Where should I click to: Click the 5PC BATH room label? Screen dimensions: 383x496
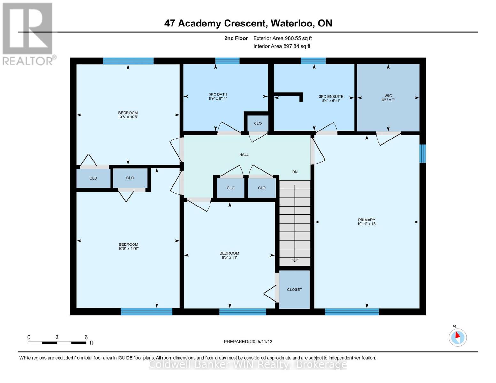(218, 94)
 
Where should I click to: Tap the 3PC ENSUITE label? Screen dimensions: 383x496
(331, 97)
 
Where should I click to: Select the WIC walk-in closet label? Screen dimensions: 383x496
(388, 96)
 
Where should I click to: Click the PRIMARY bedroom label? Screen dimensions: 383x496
(366, 220)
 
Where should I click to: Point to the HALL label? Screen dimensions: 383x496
(244, 155)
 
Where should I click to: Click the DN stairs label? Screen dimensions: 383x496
(295, 172)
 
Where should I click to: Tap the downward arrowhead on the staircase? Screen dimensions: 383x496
(295, 260)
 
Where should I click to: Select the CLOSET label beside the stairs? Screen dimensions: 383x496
(294, 290)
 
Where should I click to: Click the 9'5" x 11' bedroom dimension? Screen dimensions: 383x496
(229, 258)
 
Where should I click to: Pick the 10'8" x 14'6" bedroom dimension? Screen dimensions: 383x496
(128, 249)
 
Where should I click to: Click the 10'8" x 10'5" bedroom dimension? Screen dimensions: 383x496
(128, 117)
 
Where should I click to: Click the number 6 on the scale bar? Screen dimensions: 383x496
(86, 337)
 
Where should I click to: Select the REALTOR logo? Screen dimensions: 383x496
(28, 34)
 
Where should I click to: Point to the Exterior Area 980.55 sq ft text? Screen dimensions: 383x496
(282, 38)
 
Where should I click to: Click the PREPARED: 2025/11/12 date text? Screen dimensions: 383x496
(248, 342)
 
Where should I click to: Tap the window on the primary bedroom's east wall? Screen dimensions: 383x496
(423, 154)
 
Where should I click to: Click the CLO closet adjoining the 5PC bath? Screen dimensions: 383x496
(258, 124)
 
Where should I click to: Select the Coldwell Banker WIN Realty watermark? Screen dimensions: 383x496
(248, 364)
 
